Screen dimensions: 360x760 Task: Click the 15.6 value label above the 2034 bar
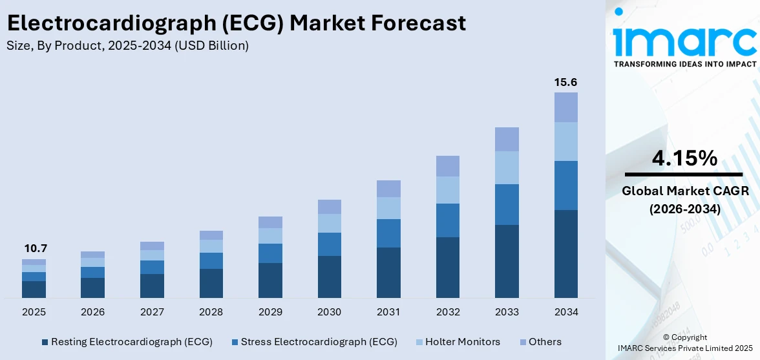[x=565, y=83]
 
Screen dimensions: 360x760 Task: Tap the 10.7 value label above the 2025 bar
[x=36, y=249]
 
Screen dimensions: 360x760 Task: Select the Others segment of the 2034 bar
[x=565, y=107]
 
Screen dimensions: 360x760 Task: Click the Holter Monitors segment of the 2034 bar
[x=565, y=142]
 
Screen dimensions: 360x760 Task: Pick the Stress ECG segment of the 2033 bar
[x=507, y=204]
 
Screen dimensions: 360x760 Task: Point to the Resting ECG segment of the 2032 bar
[x=447, y=267]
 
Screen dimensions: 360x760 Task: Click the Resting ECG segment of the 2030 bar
[x=329, y=277]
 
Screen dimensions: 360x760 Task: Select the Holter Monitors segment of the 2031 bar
[x=388, y=208]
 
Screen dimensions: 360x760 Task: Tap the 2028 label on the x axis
[x=211, y=312]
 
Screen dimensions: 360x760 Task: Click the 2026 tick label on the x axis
[x=92, y=312]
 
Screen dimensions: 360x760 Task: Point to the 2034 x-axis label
[x=565, y=312]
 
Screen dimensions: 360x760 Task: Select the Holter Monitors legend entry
[x=461, y=342]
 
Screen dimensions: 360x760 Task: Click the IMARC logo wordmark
[x=684, y=41]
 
